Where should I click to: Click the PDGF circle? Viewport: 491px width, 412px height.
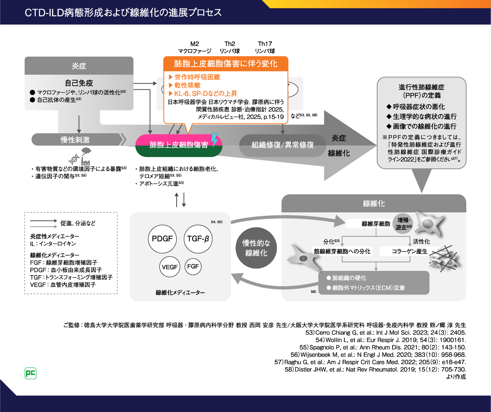pos(162,239)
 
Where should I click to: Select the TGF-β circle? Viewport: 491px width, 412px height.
pos(198,239)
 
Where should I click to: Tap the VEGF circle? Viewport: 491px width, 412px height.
pos(170,267)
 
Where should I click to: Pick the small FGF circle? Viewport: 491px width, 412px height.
pos(193,267)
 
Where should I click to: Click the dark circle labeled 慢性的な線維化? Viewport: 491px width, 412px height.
pos(256,248)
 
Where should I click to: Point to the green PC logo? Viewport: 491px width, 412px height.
pos(31,373)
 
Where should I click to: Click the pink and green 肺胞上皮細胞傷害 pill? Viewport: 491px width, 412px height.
pos(179,145)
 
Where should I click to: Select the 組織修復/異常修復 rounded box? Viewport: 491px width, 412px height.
pos(283,145)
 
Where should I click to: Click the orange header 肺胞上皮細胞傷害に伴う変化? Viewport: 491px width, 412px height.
pos(226,64)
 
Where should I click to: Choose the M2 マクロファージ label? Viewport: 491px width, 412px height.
pos(195,47)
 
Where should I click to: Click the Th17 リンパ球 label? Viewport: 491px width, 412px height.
pos(265,47)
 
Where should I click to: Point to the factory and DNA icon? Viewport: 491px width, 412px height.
pos(80,156)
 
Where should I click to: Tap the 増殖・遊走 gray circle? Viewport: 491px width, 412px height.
pos(403,223)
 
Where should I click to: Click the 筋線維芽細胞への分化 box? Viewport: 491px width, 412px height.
pos(342,251)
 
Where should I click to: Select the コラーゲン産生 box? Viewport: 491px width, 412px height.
pos(409,251)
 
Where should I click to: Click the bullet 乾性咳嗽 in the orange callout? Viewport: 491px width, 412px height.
pos(187,85)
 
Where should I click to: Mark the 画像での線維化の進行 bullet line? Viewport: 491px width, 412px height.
pos(421,126)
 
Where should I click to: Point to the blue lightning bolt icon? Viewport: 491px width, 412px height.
pos(214,140)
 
